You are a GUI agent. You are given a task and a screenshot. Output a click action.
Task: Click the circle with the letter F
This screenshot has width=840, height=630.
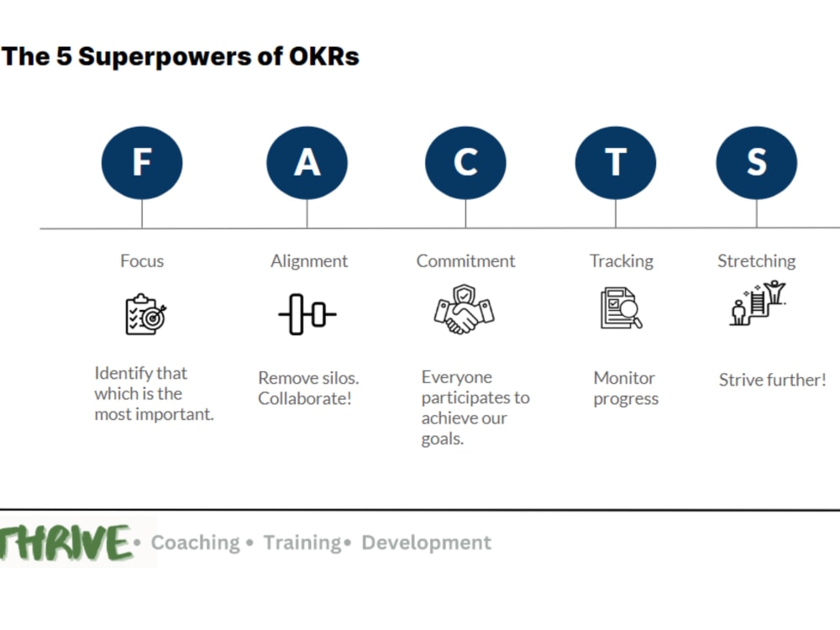click(142, 162)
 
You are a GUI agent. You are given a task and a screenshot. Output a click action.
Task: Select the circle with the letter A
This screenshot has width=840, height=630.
click(307, 162)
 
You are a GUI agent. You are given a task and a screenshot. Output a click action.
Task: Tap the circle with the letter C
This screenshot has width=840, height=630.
click(465, 162)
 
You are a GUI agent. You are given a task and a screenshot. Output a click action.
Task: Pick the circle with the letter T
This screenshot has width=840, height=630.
click(616, 162)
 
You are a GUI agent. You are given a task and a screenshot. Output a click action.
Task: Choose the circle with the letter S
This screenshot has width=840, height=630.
click(756, 162)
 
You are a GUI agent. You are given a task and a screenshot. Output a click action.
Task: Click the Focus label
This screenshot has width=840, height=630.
click(142, 260)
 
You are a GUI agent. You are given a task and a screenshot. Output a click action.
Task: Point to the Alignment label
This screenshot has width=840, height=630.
click(308, 260)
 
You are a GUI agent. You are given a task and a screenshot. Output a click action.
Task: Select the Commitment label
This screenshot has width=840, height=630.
click(465, 260)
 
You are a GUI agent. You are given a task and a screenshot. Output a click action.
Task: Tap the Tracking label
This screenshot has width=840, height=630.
click(621, 260)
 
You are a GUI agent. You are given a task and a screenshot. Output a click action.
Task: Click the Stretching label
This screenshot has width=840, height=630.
click(756, 260)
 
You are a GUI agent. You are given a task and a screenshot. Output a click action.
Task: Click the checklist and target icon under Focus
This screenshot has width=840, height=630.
click(145, 314)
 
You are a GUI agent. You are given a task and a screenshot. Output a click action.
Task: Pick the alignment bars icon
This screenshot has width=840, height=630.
click(307, 314)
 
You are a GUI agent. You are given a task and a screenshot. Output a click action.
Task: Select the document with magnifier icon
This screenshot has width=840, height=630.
click(621, 308)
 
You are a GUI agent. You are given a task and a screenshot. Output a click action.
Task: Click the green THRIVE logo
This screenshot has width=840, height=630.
click(66, 543)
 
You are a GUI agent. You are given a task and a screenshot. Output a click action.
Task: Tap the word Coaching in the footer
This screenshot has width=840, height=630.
click(195, 543)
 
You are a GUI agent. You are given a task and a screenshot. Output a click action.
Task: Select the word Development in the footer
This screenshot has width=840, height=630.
click(426, 543)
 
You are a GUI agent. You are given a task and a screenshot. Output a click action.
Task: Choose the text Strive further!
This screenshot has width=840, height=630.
click(772, 380)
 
